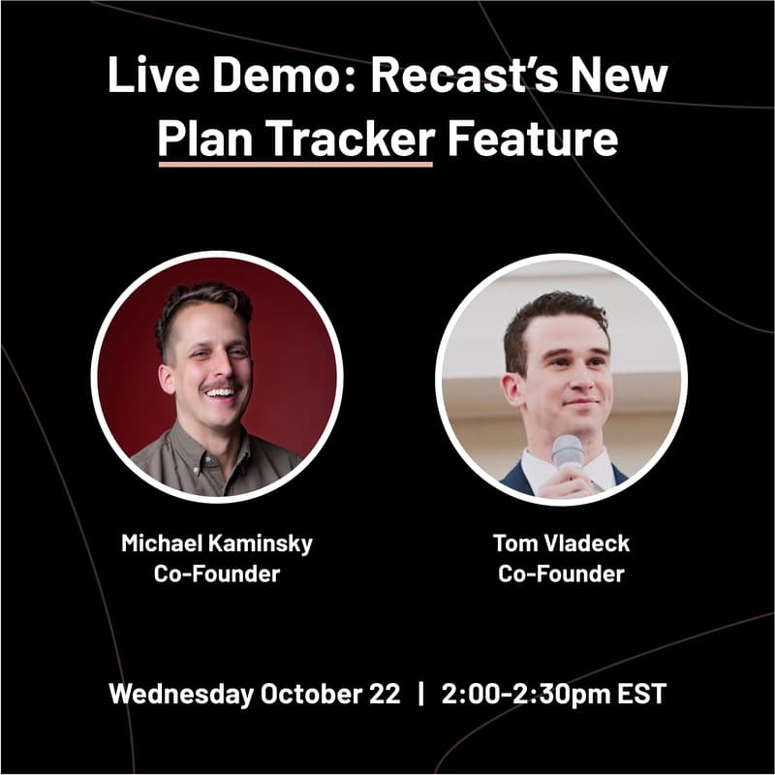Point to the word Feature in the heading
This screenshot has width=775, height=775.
click(532, 139)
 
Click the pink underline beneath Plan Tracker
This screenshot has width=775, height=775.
click(295, 164)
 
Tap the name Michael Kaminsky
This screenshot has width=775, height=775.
click(217, 543)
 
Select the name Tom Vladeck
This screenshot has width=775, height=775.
click(561, 543)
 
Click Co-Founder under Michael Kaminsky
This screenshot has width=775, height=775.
click(217, 573)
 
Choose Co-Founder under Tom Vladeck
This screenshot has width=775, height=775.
click(561, 573)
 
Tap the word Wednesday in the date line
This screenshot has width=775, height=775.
click(181, 694)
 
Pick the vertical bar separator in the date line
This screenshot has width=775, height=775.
click(421, 694)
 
